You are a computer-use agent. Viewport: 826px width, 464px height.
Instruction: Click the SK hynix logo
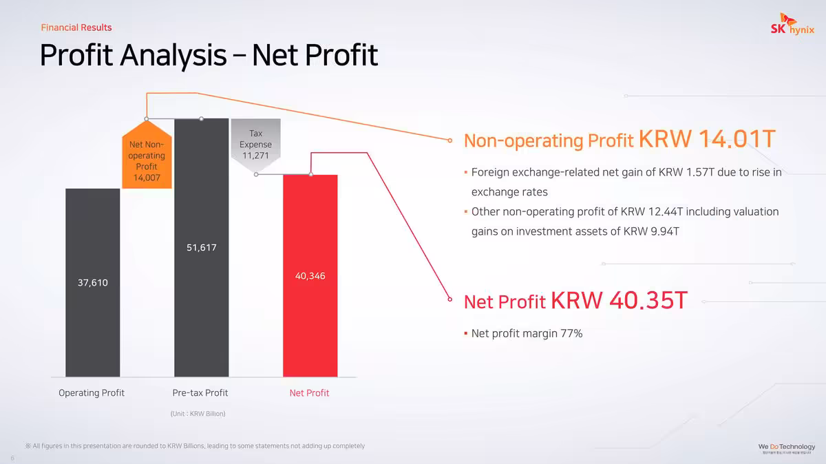click(792, 28)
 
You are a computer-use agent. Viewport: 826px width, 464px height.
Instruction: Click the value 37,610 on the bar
click(92, 283)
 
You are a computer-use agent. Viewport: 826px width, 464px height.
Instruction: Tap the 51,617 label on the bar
click(202, 247)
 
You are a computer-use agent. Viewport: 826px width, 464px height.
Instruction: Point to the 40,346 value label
click(310, 276)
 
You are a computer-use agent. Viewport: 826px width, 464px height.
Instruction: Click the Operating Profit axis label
click(92, 393)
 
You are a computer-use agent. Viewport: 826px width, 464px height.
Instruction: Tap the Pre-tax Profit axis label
click(200, 393)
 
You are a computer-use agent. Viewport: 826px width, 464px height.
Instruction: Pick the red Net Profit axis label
click(309, 393)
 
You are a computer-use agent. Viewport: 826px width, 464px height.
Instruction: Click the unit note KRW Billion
click(198, 414)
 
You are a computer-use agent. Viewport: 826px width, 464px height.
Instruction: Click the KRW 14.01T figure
click(707, 139)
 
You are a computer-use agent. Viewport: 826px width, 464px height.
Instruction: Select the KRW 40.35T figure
click(619, 300)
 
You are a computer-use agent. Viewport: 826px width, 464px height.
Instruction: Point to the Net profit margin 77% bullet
click(527, 334)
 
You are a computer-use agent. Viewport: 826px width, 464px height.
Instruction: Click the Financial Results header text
click(76, 28)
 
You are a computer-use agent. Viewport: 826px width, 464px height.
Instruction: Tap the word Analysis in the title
click(173, 55)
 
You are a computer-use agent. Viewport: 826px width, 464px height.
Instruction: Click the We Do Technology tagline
click(787, 447)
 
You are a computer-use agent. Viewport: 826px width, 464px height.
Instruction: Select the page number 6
click(12, 458)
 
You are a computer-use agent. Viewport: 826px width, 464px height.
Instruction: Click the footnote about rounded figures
click(195, 446)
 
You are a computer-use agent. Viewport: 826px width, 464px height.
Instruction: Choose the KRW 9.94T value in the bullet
click(651, 231)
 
